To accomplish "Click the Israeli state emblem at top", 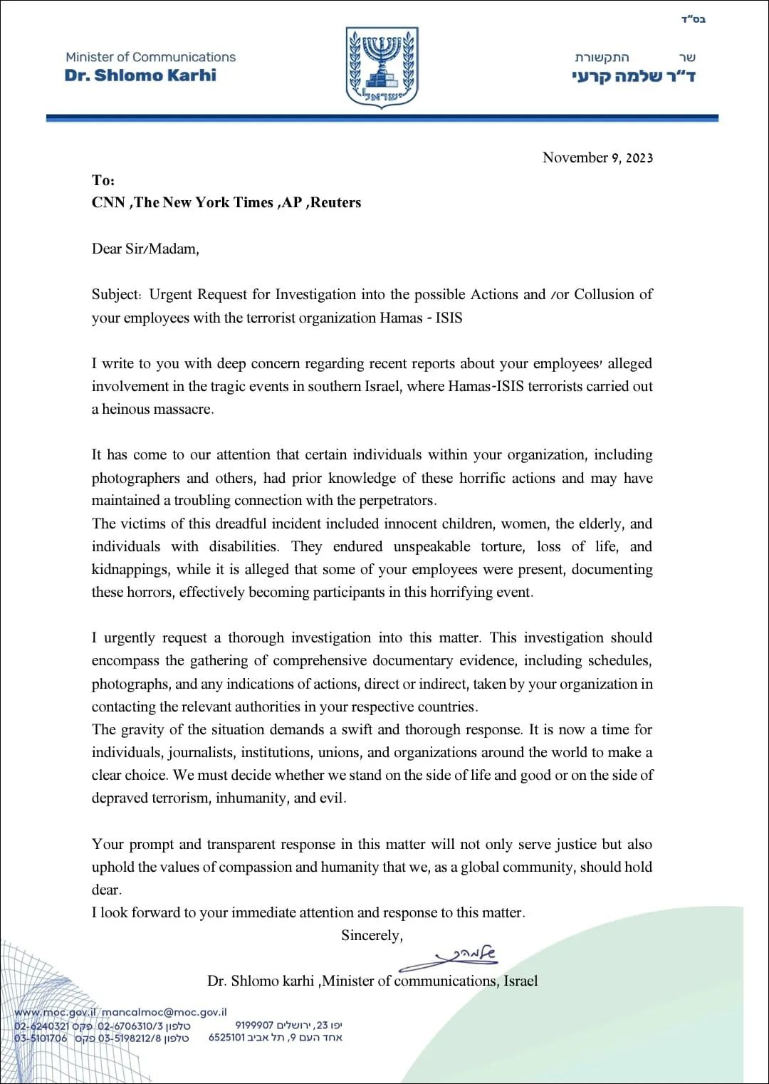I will click(x=382, y=68).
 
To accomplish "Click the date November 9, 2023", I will click(x=597, y=157).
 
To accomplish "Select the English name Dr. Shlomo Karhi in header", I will click(x=140, y=75).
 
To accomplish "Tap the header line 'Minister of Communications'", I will click(x=150, y=57).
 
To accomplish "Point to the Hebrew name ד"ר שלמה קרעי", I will click(x=633, y=76).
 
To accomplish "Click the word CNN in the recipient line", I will click(x=108, y=202).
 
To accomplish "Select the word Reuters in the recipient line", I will click(x=335, y=202).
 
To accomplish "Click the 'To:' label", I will click(x=103, y=180).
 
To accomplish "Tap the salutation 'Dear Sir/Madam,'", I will click(x=145, y=249).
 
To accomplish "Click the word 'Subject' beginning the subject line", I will click(x=116, y=294).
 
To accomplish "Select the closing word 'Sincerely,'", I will click(x=372, y=935).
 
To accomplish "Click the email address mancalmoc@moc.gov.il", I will click(x=164, y=1011).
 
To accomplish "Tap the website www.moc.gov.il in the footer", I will click(x=54, y=1011).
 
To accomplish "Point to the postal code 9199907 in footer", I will click(x=254, y=1025).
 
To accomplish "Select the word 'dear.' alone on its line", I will click(x=107, y=890).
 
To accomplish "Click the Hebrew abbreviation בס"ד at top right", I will click(x=692, y=19).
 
